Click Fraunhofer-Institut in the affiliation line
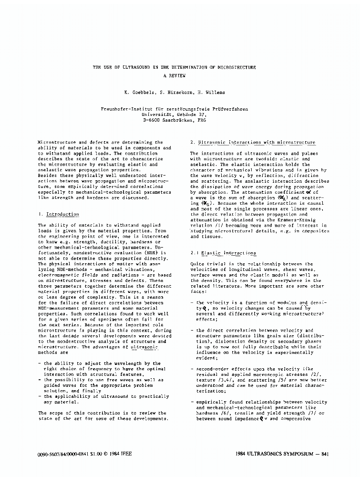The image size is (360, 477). pyautogui.click(x=125, y=109)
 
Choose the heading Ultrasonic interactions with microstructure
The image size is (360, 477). pyautogui.click(x=257, y=142)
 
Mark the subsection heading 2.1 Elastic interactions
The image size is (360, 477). pyautogui.click(x=223, y=253)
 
